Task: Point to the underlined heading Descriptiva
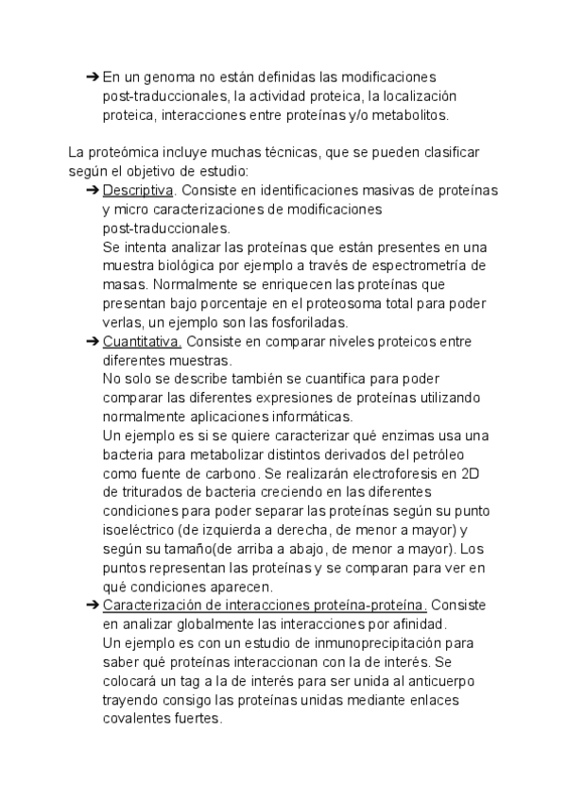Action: pyautogui.click(x=131, y=191)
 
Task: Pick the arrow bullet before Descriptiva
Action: pyautogui.click(x=92, y=191)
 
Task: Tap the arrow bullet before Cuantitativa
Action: pyautogui.click(x=92, y=342)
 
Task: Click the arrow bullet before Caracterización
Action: pyautogui.click(x=92, y=605)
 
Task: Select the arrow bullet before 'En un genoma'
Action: pyautogui.click(x=92, y=77)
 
